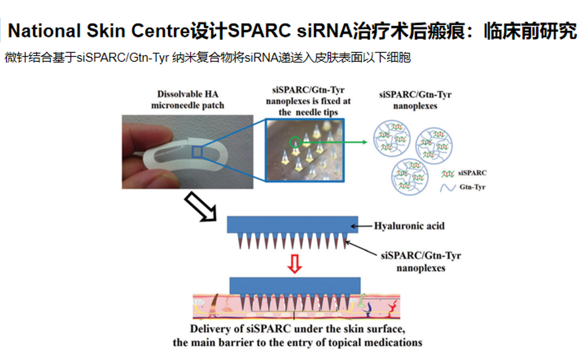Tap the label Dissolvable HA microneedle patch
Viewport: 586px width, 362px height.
pyautogui.click(x=187, y=99)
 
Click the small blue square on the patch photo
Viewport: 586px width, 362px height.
pyautogui.click(x=197, y=152)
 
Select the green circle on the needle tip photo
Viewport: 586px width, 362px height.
pyautogui.click(x=295, y=143)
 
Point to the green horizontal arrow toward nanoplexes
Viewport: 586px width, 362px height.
pyautogui.click(x=335, y=142)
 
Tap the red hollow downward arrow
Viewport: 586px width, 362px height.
pyautogui.click(x=295, y=264)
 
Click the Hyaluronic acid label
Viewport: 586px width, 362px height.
pyautogui.click(x=409, y=226)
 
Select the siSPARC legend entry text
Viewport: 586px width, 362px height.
pyautogui.click(x=472, y=173)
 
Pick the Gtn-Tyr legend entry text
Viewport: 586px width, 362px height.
pyautogui.click(x=472, y=187)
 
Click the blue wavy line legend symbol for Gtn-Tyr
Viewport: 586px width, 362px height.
pyautogui.click(x=448, y=188)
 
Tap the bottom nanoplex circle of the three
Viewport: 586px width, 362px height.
pyautogui.click(x=410, y=177)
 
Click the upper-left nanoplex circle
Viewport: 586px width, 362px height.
pyautogui.click(x=392, y=139)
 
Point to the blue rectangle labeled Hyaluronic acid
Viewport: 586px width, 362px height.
pyautogui.click(x=292, y=224)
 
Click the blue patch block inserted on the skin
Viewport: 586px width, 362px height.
pyautogui.click(x=295, y=286)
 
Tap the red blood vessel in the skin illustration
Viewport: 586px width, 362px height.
pyautogui.click(x=392, y=308)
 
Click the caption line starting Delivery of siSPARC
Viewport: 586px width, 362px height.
pyautogui.click(x=297, y=329)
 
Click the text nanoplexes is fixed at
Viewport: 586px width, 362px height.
pyautogui.click(x=308, y=101)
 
